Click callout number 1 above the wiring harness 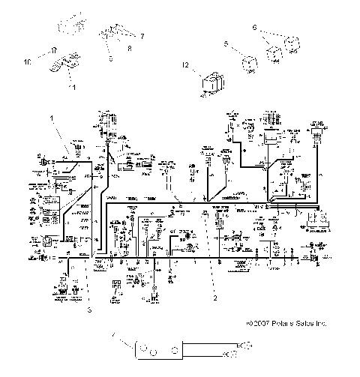52,118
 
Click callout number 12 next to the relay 184,67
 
